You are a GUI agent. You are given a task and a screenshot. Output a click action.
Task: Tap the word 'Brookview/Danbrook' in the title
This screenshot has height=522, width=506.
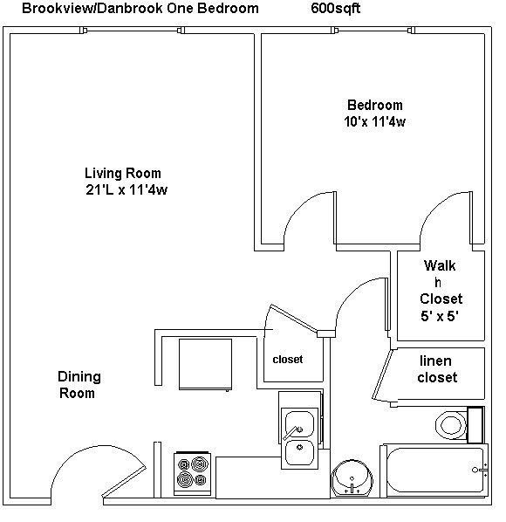click(82, 9)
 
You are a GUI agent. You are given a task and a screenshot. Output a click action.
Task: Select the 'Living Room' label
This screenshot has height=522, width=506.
click(122, 173)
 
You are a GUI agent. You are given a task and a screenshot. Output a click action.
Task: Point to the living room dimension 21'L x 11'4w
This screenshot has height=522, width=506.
click(126, 190)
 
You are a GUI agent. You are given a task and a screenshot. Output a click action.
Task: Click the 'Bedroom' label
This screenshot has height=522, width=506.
click(374, 105)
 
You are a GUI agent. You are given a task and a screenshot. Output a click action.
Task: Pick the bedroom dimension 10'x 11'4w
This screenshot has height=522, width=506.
click(374, 122)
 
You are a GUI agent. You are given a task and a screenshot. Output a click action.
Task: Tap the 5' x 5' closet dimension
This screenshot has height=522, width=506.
click(441, 316)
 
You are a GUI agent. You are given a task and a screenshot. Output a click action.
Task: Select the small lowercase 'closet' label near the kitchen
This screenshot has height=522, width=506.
click(287, 359)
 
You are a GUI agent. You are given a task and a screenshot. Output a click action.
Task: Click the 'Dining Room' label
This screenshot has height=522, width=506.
click(79, 385)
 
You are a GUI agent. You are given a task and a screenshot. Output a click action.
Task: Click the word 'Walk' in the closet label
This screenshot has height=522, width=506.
click(440, 265)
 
